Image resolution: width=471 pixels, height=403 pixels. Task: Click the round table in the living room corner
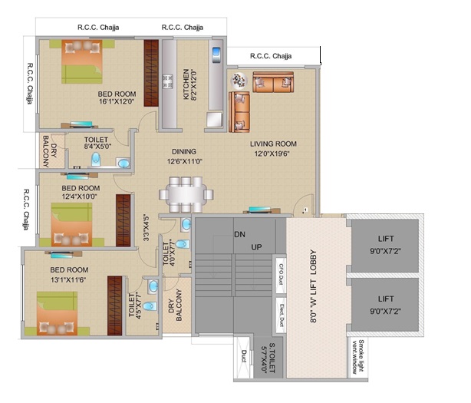point(238,80)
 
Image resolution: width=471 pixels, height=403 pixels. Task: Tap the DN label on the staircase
point(239,234)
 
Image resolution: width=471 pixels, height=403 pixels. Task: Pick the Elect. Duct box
point(280,307)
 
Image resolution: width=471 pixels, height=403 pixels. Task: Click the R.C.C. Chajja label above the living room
point(270,56)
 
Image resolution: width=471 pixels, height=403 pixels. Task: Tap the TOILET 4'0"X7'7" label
point(170,255)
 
